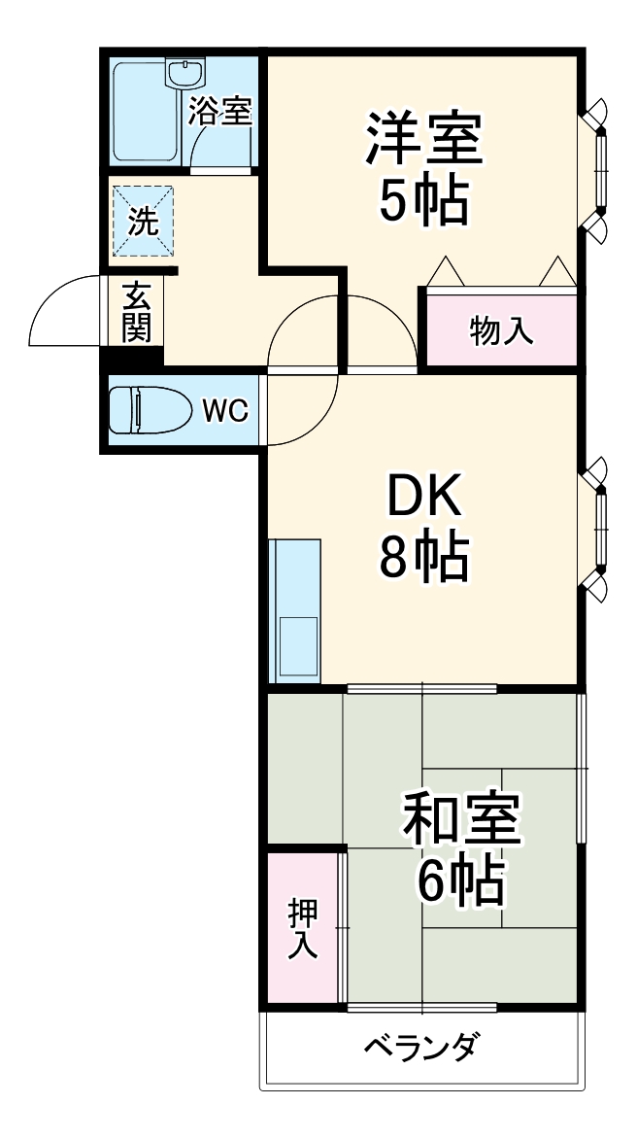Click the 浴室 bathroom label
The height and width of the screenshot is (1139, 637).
220,112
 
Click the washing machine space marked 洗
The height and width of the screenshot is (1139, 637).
143,222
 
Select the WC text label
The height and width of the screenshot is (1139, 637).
225,411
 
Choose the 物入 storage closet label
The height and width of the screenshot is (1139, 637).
501,330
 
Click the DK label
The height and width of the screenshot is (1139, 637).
422,500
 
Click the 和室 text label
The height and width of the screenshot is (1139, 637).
462,823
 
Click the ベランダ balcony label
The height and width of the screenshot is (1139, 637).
421,1048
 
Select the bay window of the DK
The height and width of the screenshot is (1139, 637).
599,529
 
